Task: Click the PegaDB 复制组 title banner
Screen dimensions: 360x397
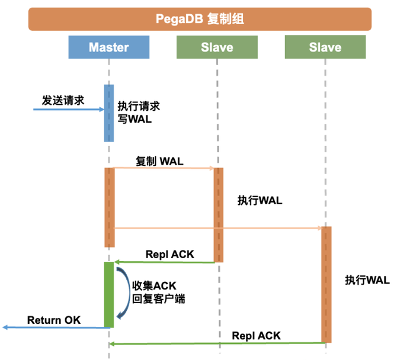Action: click(200, 19)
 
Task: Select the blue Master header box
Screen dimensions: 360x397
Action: click(109, 47)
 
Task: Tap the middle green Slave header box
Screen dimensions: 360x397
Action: click(217, 47)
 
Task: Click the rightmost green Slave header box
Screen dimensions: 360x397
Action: click(325, 47)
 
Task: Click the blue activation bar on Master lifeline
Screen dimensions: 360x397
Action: click(109, 112)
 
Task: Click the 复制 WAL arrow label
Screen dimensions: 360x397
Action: click(161, 160)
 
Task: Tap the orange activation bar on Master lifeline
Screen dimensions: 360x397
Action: click(109, 207)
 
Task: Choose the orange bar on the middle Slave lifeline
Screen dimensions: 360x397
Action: click(218, 214)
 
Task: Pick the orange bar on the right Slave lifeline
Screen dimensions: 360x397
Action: click(326, 284)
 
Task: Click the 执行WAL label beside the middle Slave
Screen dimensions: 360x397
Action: click(260, 201)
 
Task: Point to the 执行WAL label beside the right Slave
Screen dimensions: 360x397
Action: click(367, 279)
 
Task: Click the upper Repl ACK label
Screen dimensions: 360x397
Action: click(169, 255)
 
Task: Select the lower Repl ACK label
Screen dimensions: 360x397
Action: click(256, 336)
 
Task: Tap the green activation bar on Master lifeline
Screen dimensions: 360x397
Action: click(109, 294)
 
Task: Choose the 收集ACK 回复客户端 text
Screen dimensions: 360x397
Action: click(158, 292)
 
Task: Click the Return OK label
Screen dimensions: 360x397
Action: click(53, 320)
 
